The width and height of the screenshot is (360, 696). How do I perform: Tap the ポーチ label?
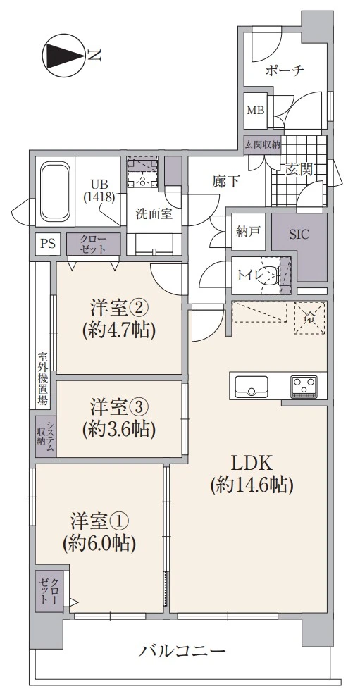(x=285, y=70)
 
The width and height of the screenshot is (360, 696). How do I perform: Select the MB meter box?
(x=254, y=110)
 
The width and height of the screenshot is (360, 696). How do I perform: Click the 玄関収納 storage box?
(x=262, y=144)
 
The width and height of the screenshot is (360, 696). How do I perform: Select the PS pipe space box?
(x=47, y=244)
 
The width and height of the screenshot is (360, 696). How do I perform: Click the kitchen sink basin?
(x=251, y=386)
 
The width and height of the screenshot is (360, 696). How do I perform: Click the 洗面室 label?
(x=154, y=215)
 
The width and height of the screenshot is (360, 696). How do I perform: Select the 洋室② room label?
(x=118, y=308)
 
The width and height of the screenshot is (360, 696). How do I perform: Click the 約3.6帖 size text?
(x=118, y=428)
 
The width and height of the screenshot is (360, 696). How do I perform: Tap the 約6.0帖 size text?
(x=99, y=542)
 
